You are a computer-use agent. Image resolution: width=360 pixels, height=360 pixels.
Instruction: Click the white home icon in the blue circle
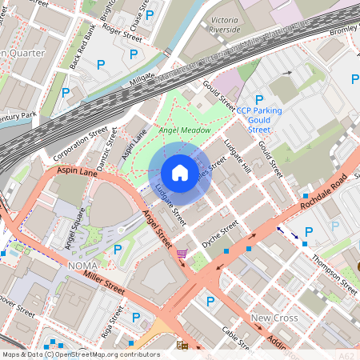tap(179, 173)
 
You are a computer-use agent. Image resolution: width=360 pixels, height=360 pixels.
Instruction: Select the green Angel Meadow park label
tap(185, 130)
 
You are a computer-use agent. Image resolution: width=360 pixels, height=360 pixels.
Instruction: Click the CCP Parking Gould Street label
tap(259, 114)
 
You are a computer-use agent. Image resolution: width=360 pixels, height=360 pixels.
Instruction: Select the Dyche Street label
tap(218, 230)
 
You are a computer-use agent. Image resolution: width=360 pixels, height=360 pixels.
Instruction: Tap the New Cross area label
tap(274, 318)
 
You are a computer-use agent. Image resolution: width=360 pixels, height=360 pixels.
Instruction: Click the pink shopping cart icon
tap(182, 254)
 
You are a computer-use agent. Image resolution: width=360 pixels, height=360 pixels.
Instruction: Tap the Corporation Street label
tap(80, 142)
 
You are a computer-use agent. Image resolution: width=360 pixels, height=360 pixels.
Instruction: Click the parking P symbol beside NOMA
tap(118, 250)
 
